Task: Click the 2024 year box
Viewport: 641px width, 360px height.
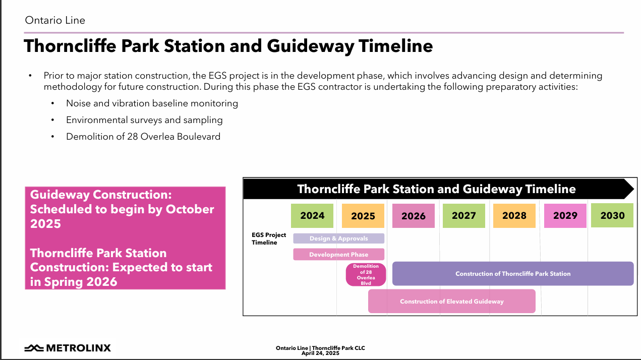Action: pos(312,216)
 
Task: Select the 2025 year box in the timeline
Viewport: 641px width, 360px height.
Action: pos(363,216)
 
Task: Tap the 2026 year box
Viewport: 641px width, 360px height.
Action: pos(413,216)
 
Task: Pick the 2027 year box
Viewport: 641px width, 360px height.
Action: pos(464,216)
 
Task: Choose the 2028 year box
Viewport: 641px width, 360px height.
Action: pos(514,216)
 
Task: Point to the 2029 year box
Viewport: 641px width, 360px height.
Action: pos(565,216)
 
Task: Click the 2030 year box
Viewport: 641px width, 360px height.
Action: pos(612,215)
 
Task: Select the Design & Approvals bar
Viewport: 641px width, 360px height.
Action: pos(338,238)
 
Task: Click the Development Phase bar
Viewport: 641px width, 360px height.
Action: pos(338,255)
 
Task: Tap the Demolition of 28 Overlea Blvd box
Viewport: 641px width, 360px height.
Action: pos(366,274)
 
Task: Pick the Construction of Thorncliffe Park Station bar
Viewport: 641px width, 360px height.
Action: pos(513,274)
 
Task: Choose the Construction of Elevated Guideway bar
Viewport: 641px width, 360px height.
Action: pos(451,301)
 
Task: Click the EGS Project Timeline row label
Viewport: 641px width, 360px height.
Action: pos(269,238)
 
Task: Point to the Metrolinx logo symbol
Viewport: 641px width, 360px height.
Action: pos(34,348)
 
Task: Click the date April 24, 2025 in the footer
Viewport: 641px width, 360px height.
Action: pos(320,353)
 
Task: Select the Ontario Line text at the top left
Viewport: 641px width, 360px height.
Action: pos(55,20)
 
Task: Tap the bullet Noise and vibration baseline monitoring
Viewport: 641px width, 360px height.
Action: pos(152,103)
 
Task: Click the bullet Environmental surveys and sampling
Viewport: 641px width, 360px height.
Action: pos(144,120)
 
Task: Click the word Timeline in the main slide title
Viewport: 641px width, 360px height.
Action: pos(395,46)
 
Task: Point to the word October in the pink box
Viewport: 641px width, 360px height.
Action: pos(190,209)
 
